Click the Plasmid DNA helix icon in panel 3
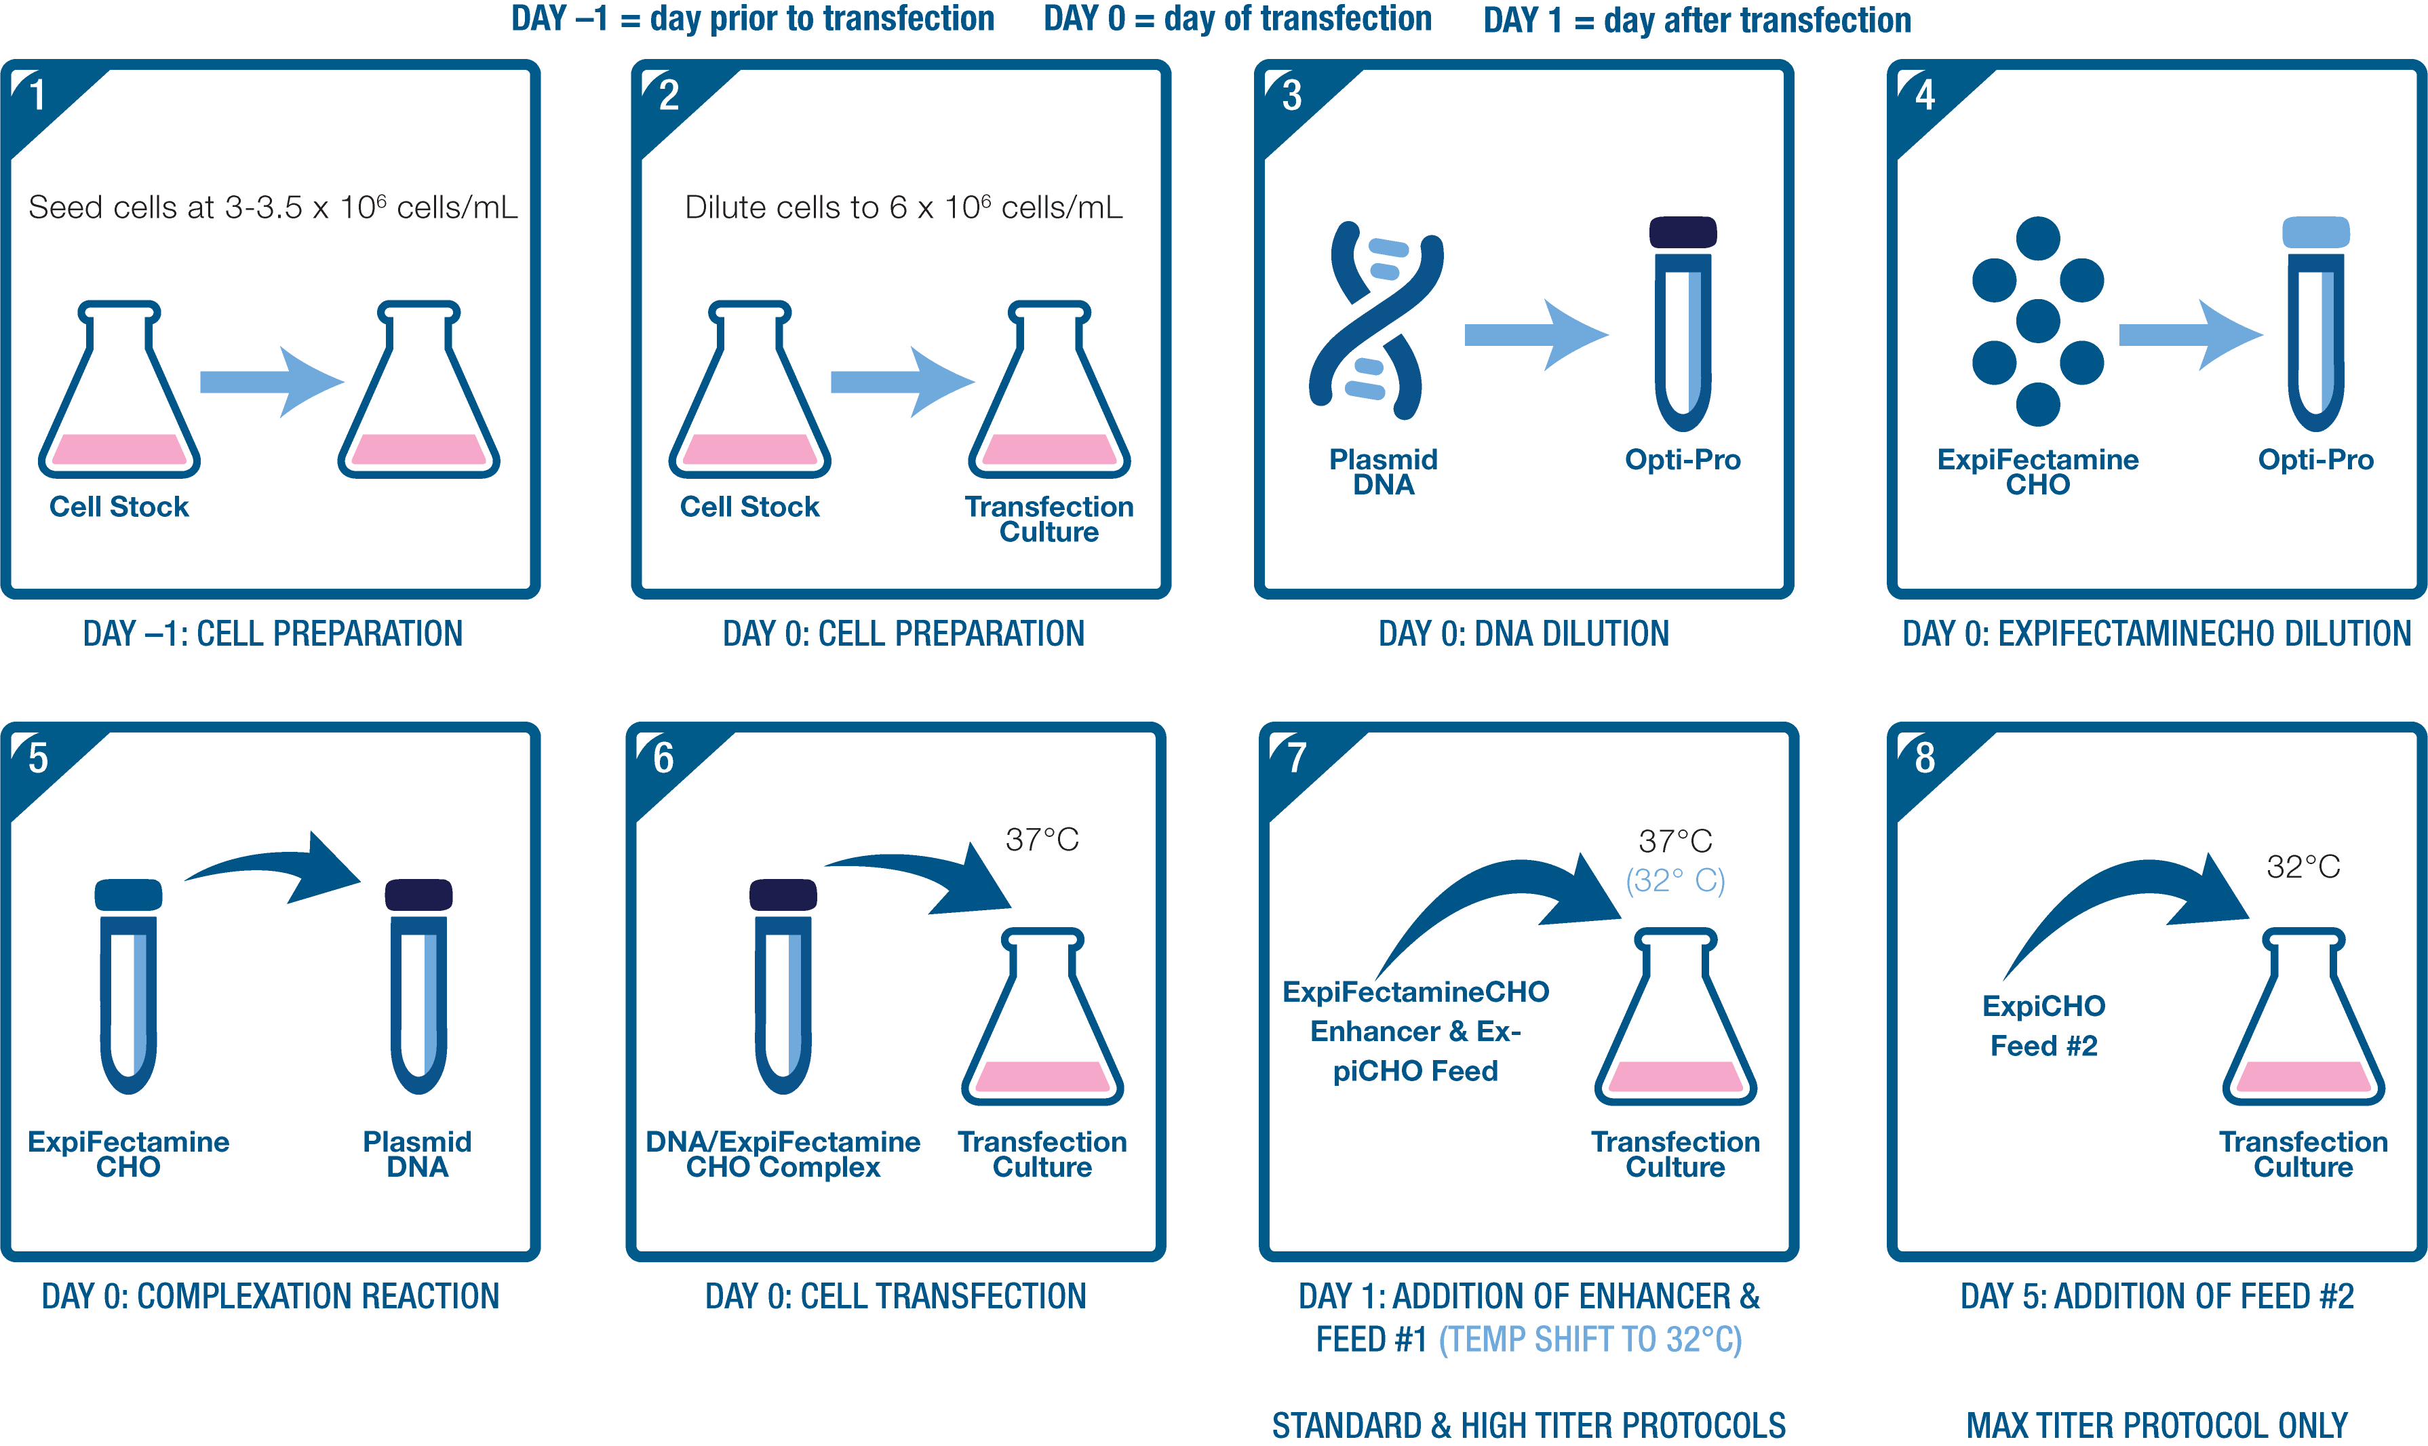pyautogui.click(x=1374, y=321)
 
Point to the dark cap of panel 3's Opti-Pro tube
pyautogui.click(x=1683, y=232)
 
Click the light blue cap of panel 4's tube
pyautogui.click(x=2316, y=232)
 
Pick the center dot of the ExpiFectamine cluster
pyautogui.click(x=2037, y=321)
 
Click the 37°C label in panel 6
pyautogui.click(x=1042, y=840)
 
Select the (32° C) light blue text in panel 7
pyautogui.click(x=1675, y=881)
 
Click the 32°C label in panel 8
pyautogui.click(x=2303, y=866)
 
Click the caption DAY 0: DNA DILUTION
pyautogui.click(x=1523, y=634)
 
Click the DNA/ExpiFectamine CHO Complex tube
pyautogui.click(x=783, y=989)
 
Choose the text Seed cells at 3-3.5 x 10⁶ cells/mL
pyautogui.click(x=273, y=208)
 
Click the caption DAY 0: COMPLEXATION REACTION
pyautogui.click(x=270, y=1297)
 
